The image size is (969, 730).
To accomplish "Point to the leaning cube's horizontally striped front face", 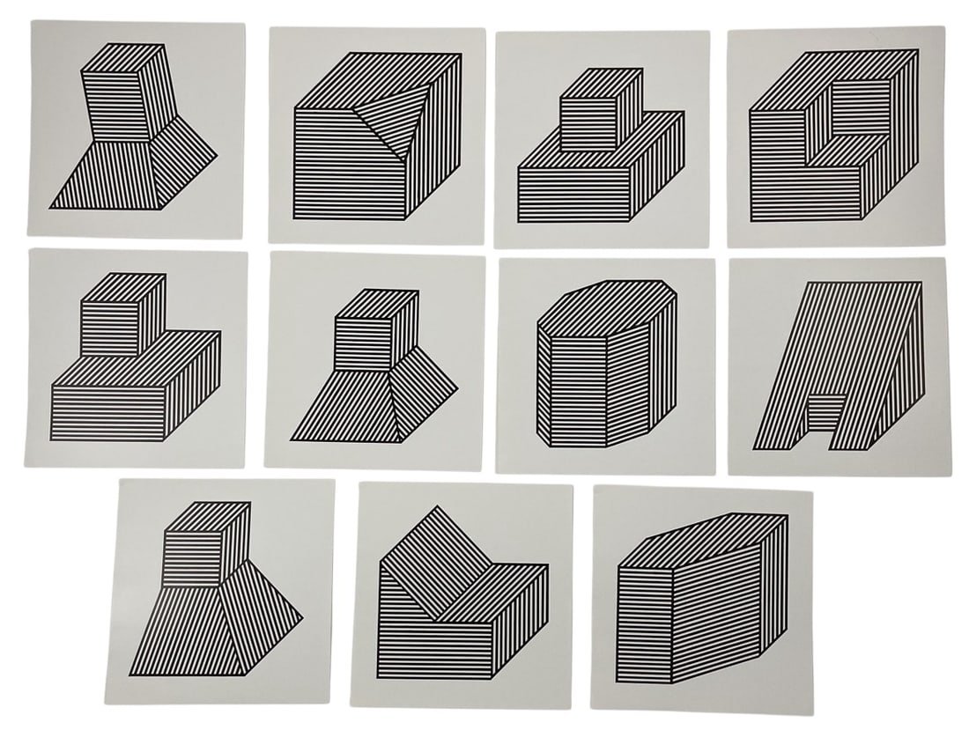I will [x=113, y=107].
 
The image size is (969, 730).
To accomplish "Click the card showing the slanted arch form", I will [x=838, y=365].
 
